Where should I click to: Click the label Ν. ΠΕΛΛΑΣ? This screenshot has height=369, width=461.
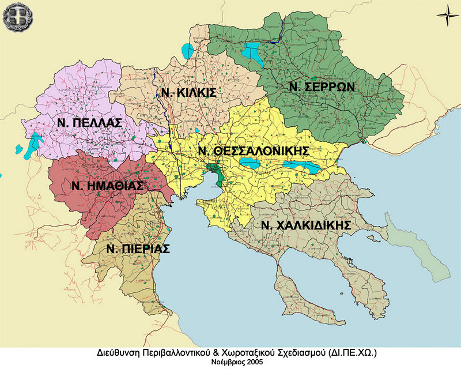pos(89,123)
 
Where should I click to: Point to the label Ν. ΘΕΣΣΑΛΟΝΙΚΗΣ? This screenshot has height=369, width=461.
pos(253,151)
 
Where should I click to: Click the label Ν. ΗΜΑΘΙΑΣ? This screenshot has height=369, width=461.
pos(107,186)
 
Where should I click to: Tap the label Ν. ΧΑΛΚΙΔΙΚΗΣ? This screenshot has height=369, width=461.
pos(306,225)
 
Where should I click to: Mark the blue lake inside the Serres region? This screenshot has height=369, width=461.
pos(252,52)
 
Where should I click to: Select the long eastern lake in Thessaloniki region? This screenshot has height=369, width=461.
pos(301,167)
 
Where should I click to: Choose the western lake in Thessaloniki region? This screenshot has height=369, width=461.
pos(250,163)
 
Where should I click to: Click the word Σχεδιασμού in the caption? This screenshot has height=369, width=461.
pos(303,352)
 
